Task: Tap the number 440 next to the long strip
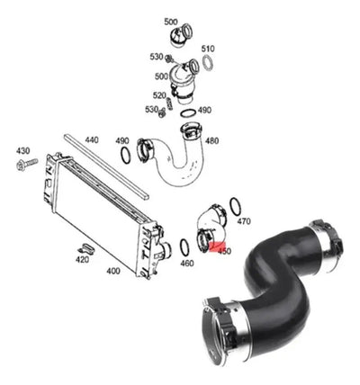pyautogui.click(x=92, y=140)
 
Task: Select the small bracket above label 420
pyautogui.click(x=86, y=248)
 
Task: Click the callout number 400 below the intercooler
pyautogui.click(x=113, y=271)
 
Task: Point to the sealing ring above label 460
pyautogui.click(x=184, y=247)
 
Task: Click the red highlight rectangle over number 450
pyautogui.click(x=220, y=247)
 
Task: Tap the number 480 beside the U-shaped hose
pyautogui.click(x=211, y=140)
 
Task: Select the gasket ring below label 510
pyautogui.click(x=208, y=63)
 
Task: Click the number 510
pyautogui.click(x=208, y=49)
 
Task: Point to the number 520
pyautogui.click(x=159, y=95)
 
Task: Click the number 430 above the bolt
pyautogui.click(x=22, y=151)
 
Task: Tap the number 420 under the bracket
pyautogui.click(x=82, y=260)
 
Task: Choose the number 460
pyautogui.click(x=187, y=264)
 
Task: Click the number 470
pyautogui.click(x=244, y=221)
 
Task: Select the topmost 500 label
pyautogui.click(x=171, y=22)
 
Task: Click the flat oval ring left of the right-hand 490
pyautogui.click(x=188, y=114)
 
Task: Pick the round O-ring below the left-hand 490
pyautogui.click(x=125, y=155)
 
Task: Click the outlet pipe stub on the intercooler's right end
pyautogui.click(x=165, y=251)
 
